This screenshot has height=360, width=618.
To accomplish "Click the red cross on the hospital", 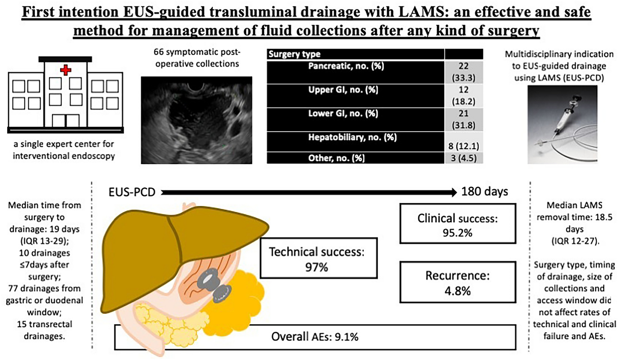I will [66, 70].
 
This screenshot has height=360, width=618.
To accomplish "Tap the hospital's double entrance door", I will [66, 121].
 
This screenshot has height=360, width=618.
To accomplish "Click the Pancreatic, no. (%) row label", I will [346, 66].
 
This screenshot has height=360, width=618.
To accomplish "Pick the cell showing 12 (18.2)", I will [463, 95].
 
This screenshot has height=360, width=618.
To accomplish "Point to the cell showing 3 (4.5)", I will [463, 158].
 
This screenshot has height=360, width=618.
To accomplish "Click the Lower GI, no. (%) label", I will [343, 113].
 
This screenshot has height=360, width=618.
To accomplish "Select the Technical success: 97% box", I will [318, 258].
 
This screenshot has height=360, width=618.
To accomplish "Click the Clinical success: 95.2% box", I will [457, 224].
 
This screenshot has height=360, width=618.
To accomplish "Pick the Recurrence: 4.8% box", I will [457, 282].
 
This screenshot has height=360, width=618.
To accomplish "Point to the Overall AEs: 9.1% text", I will [315, 337].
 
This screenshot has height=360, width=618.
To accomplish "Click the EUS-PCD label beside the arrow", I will [132, 192].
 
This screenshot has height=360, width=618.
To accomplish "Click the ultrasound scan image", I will [196, 120].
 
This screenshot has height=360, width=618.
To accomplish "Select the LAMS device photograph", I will [562, 124].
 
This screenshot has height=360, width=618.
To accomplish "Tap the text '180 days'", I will [484, 192].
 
